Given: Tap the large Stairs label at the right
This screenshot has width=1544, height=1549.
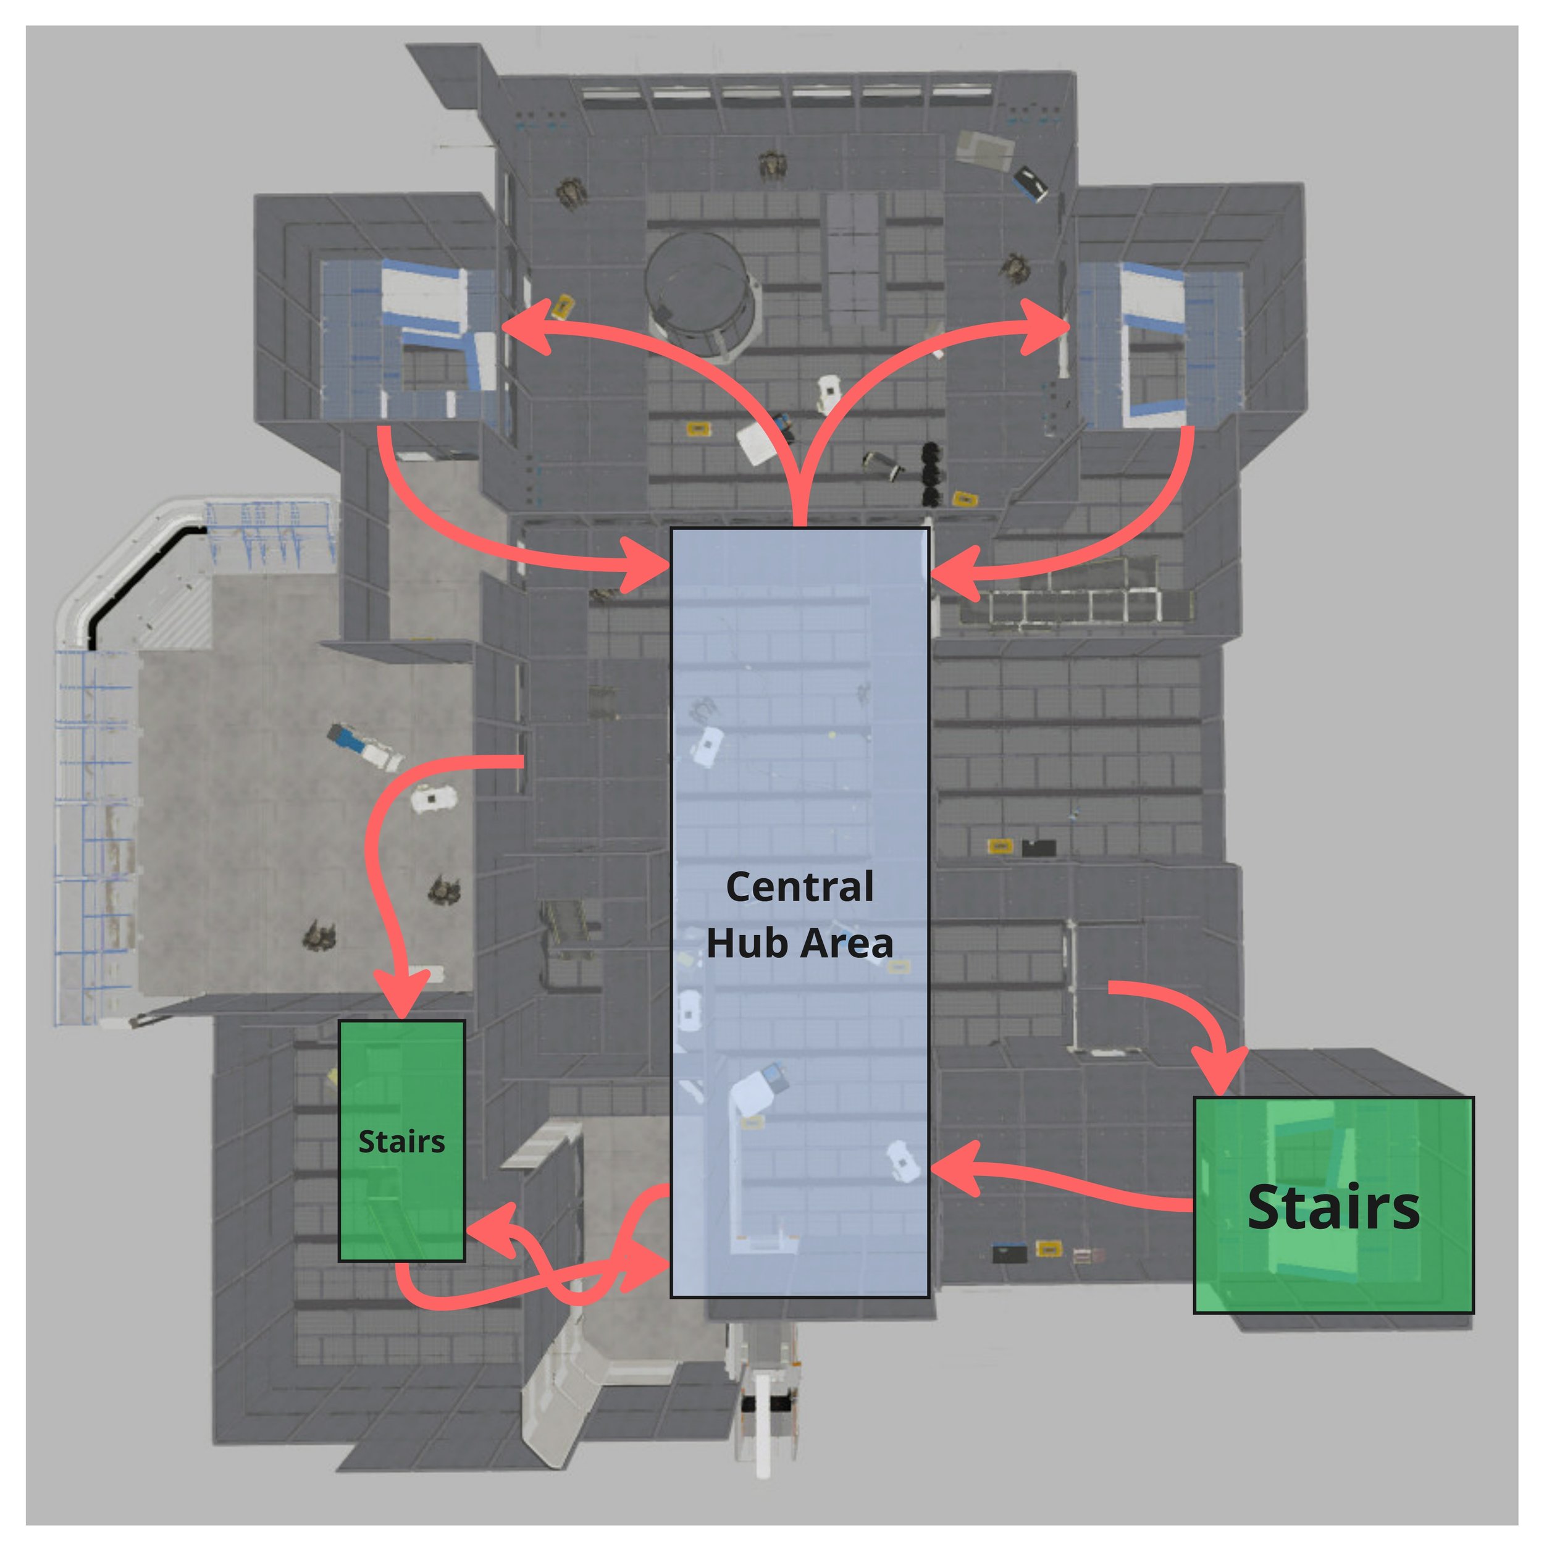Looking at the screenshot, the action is (x=1333, y=1207).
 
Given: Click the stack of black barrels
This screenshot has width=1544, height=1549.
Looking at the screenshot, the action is (x=931, y=473).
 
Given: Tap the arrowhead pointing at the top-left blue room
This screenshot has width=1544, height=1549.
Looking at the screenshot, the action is (x=525, y=327).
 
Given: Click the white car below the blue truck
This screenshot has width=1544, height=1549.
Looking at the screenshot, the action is (x=433, y=799).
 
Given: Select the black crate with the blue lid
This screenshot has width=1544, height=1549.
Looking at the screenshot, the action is (x=1009, y=1253).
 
